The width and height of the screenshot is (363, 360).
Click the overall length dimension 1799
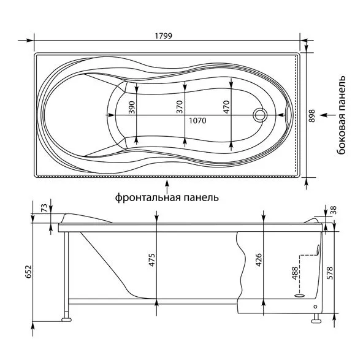click(163, 36)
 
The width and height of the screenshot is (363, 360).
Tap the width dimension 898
click(311, 116)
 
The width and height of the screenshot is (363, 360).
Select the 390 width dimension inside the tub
click(132, 107)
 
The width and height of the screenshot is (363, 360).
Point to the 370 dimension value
click(180, 107)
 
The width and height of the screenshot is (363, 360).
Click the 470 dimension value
click(226, 107)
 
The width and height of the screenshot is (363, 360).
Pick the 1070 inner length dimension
click(197, 121)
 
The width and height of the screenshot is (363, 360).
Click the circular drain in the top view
click(260, 115)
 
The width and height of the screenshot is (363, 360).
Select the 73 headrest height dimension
click(44, 207)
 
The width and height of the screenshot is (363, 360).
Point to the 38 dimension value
click(334, 210)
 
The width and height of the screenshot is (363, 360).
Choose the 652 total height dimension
click(28, 272)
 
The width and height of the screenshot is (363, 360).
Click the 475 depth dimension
click(151, 260)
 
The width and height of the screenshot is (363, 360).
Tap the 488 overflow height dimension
click(295, 273)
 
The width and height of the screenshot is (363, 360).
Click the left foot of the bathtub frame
click(66, 320)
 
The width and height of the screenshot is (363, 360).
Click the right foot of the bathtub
click(316, 321)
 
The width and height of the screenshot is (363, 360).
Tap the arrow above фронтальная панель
click(166, 186)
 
